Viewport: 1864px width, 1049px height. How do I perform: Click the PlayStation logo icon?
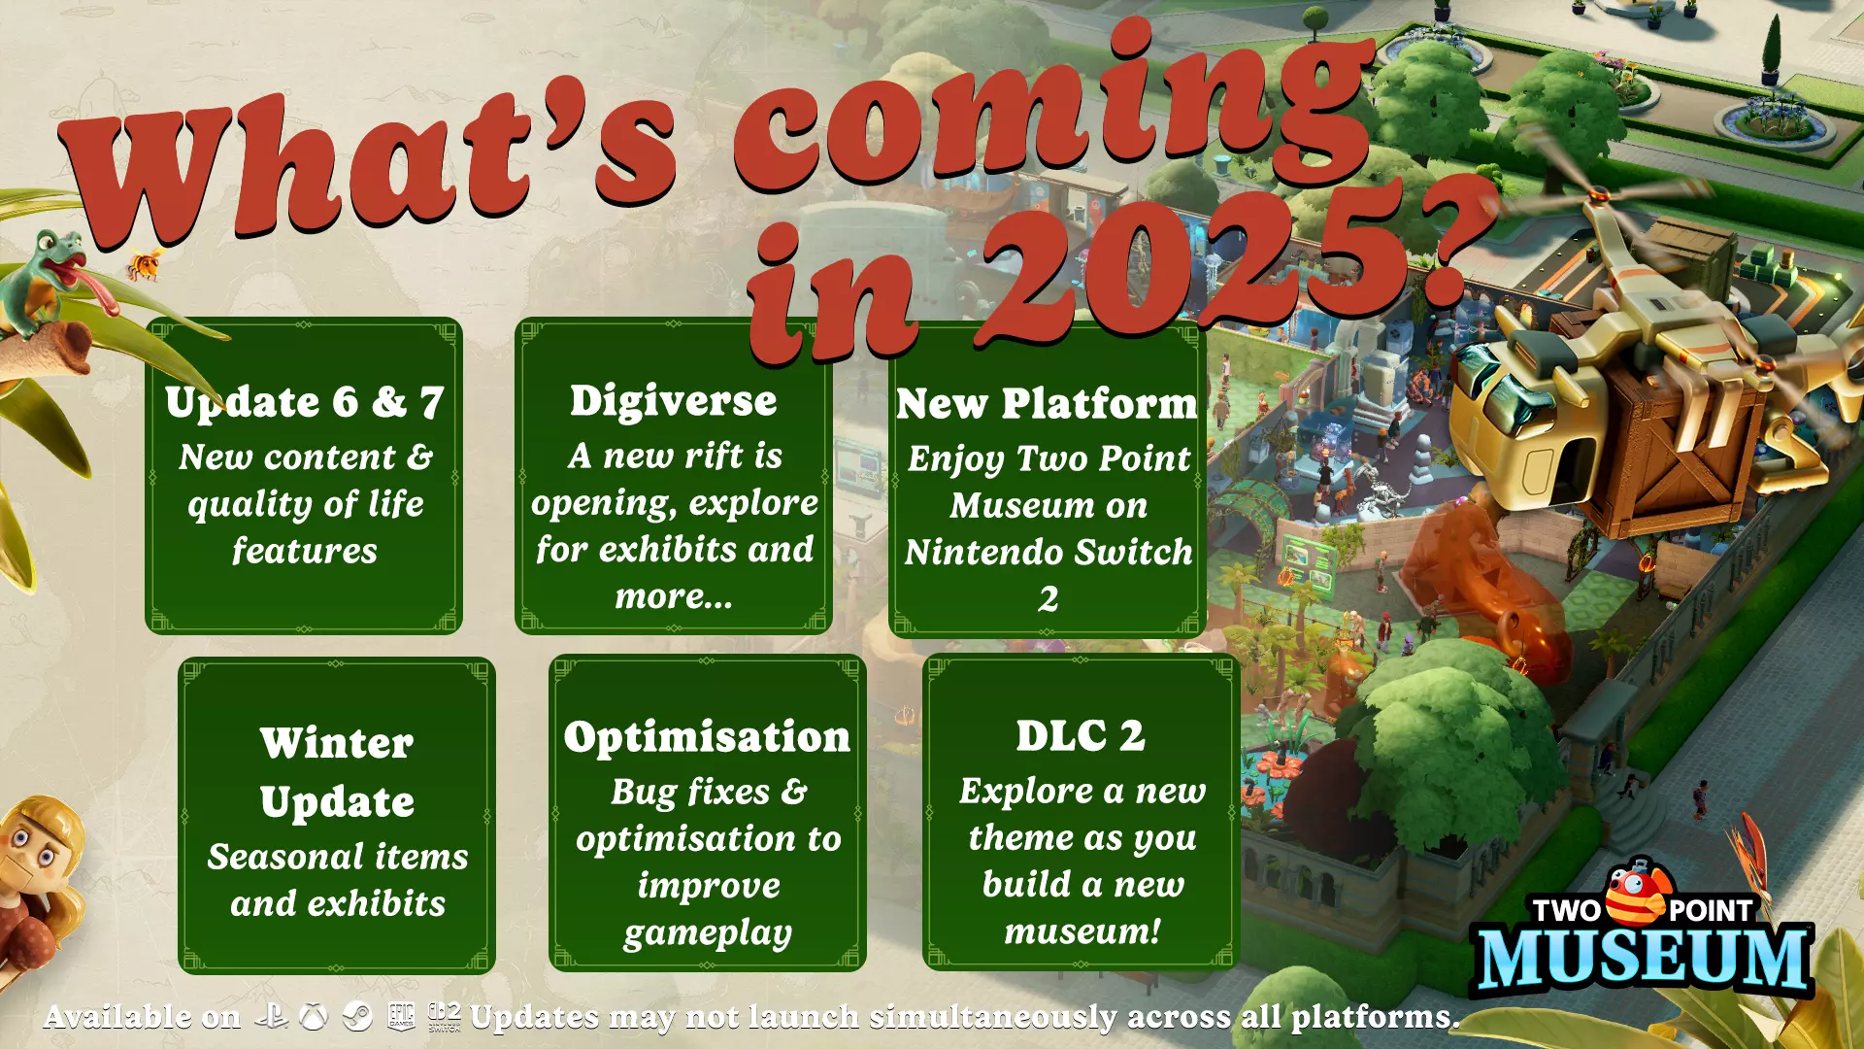click(x=271, y=1016)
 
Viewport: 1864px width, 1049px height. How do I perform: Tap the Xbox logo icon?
click(x=313, y=1017)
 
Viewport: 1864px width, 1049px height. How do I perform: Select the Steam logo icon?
click(x=357, y=1017)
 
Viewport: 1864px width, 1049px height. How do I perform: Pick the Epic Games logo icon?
click(x=401, y=1016)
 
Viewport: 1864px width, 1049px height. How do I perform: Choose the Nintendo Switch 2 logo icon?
click(x=445, y=1016)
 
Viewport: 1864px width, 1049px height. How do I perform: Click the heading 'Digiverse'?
click(x=673, y=400)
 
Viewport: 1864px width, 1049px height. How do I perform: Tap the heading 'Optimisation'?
click(x=707, y=736)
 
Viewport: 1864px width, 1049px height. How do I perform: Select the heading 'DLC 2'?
click(x=1081, y=735)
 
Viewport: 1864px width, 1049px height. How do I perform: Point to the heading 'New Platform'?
click(x=1047, y=403)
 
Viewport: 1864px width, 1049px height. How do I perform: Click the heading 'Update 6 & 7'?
click(x=304, y=402)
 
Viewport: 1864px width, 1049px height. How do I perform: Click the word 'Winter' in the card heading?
click(x=337, y=743)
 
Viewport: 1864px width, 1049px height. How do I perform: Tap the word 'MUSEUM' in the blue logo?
click(x=1644, y=959)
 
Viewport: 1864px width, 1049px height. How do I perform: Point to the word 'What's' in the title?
click(x=369, y=165)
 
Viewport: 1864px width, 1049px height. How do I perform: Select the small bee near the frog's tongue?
click(x=146, y=263)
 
